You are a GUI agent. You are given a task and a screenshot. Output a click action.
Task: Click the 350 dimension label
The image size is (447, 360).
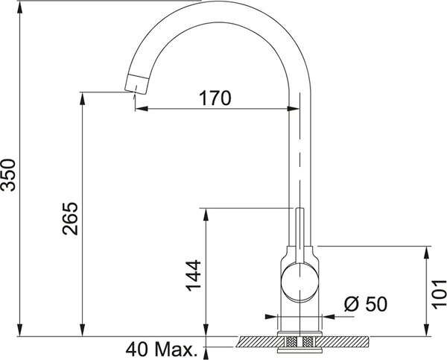(8, 174)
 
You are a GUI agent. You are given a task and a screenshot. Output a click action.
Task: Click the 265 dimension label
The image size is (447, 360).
(70, 218)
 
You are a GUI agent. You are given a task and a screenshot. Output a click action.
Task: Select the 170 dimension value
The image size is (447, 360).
(215, 98)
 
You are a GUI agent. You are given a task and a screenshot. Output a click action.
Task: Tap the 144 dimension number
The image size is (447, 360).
(194, 275)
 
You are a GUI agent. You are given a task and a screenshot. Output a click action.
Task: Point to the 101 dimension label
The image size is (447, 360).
(439, 294)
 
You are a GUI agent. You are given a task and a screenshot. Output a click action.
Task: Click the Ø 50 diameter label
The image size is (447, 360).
(366, 304)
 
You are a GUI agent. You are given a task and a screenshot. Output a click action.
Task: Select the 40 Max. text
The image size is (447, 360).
(162, 350)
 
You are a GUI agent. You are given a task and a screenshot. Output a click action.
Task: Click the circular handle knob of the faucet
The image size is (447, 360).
(299, 282)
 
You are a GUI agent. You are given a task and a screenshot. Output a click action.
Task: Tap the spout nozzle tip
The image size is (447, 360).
(136, 83)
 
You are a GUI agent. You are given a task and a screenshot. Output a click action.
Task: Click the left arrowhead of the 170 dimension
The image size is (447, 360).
(142, 109)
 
